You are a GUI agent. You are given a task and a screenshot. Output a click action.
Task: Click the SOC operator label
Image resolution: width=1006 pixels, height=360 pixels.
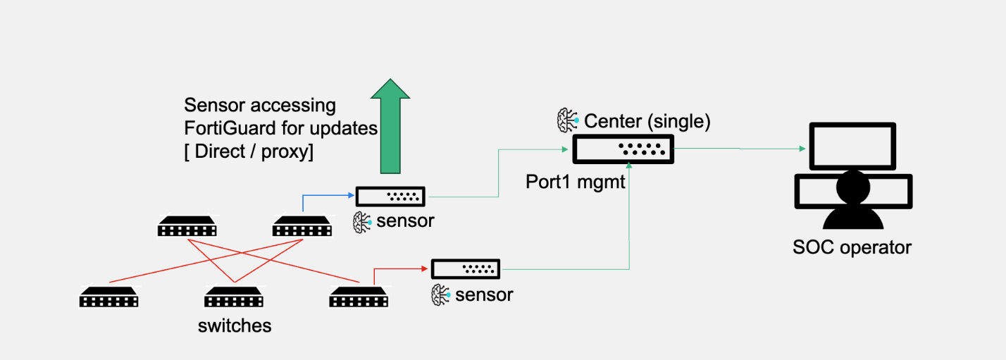click(x=852, y=247)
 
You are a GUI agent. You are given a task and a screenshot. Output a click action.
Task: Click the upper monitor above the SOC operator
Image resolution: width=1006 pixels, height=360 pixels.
click(x=852, y=146)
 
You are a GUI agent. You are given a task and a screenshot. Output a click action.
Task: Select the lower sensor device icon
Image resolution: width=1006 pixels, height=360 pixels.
click(x=466, y=268)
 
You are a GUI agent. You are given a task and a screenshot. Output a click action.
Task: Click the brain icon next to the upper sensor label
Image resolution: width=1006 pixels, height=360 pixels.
click(x=362, y=221)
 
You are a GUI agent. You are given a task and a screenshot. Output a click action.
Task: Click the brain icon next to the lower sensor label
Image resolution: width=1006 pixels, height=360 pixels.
click(x=441, y=294)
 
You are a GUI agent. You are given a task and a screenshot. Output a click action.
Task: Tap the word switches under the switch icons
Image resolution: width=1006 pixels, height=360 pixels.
click(x=235, y=325)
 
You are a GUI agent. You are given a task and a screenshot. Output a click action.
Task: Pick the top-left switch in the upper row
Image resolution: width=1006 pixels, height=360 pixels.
click(x=187, y=227)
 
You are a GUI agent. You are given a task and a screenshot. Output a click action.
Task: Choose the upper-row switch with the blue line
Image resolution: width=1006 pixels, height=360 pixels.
click(x=302, y=227)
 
